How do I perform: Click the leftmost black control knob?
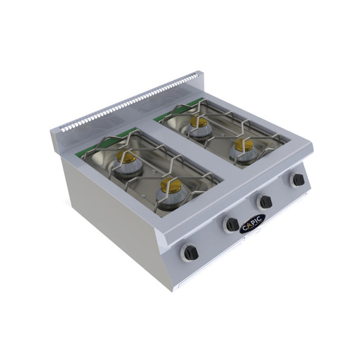coord(191,253)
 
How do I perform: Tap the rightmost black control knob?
coord(297,180)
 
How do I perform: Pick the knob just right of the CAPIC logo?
coord(264,201)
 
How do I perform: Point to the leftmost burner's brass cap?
coord(127,157)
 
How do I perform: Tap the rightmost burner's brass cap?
coord(244,145)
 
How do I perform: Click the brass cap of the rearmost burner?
coord(198,121)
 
